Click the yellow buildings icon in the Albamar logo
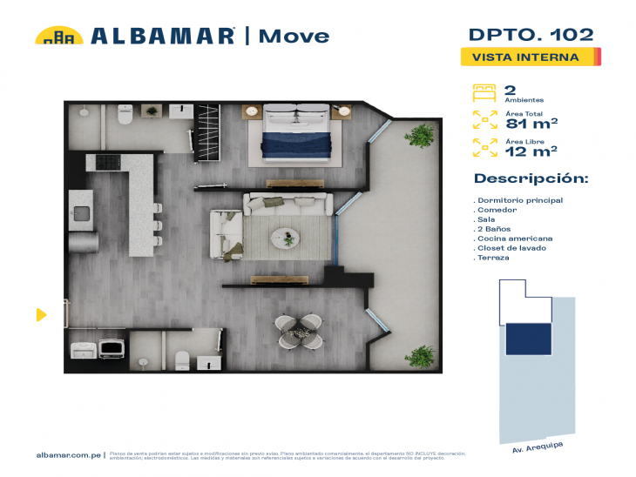[x=58, y=36]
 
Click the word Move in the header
[x=294, y=36]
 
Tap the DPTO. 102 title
[x=531, y=35]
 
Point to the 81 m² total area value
[x=531, y=123]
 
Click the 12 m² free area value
[x=531, y=151]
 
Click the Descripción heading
[x=531, y=178]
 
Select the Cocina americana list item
[x=514, y=238]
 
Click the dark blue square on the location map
[x=528, y=339]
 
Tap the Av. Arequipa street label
[x=538, y=446]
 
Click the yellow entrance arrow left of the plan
[x=41, y=314]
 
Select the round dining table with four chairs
[x=298, y=331]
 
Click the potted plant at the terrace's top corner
[x=421, y=135]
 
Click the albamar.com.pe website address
[x=70, y=455]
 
